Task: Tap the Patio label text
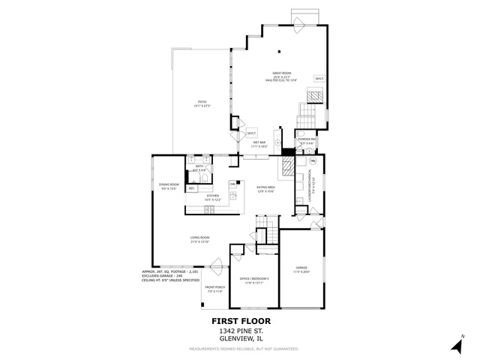click(202, 102)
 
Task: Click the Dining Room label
click(169, 184)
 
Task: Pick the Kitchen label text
click(213, 196)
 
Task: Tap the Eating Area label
click(266, 187)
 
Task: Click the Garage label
click(301, 268)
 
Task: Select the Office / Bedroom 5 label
click(253, 278)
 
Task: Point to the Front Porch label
click(215, 288)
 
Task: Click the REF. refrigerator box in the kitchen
click(191, 188)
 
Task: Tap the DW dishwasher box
click(232, 184)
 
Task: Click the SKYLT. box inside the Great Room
click(319, 79)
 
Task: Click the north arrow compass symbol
click(457, 344)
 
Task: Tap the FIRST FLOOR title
click(240, 321)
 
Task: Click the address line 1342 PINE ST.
click(240, 330)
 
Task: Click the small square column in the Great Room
click(279, 52)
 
